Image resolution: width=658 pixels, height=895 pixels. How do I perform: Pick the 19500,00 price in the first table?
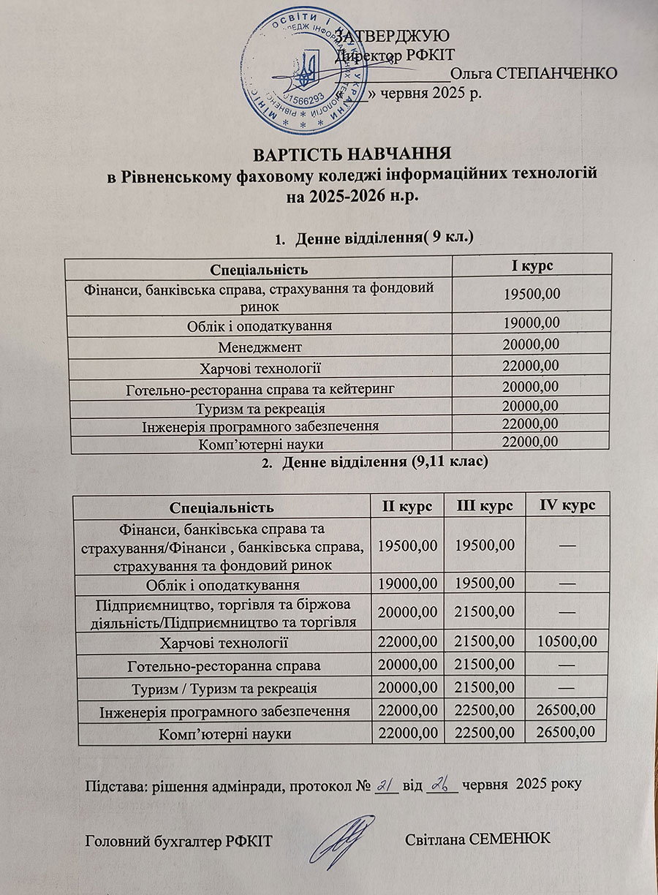[532, 295]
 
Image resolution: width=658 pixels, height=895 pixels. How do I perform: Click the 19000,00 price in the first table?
[532, 322]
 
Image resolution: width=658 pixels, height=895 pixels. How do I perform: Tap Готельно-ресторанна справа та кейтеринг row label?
[260, 388]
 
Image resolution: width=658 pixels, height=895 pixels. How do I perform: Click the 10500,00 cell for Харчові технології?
[567, 643]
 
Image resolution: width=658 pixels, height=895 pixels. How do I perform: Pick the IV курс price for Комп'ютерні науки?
[567, 733]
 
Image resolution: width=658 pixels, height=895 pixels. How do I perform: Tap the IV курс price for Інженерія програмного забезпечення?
[567, 710]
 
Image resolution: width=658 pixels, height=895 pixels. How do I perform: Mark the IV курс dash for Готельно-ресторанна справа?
[567, 666]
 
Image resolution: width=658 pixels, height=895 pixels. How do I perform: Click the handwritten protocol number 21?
[385, 785]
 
